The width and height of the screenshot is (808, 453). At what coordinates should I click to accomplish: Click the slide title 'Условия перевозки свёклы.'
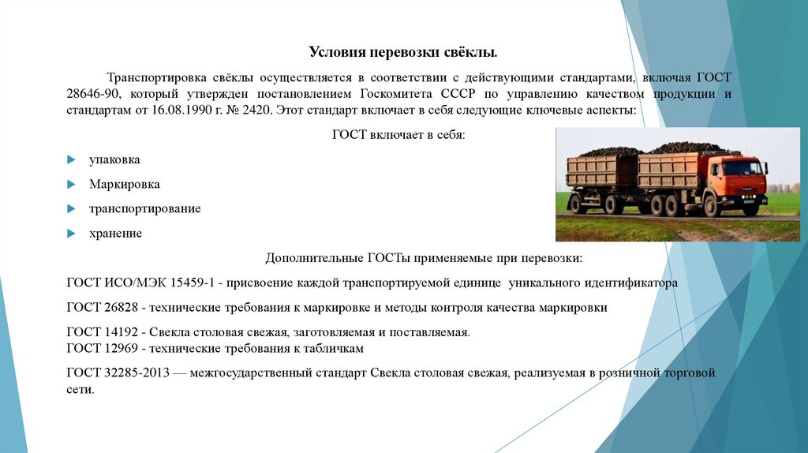coord(402,53)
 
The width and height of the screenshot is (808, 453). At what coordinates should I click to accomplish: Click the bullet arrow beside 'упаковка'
coord(71,160)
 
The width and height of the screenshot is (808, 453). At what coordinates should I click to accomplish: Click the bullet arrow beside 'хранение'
coord(71,234)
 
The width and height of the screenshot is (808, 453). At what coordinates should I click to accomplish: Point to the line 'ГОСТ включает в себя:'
coord(399,136)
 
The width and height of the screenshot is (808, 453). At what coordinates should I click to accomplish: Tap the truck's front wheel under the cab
coord(712,207)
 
